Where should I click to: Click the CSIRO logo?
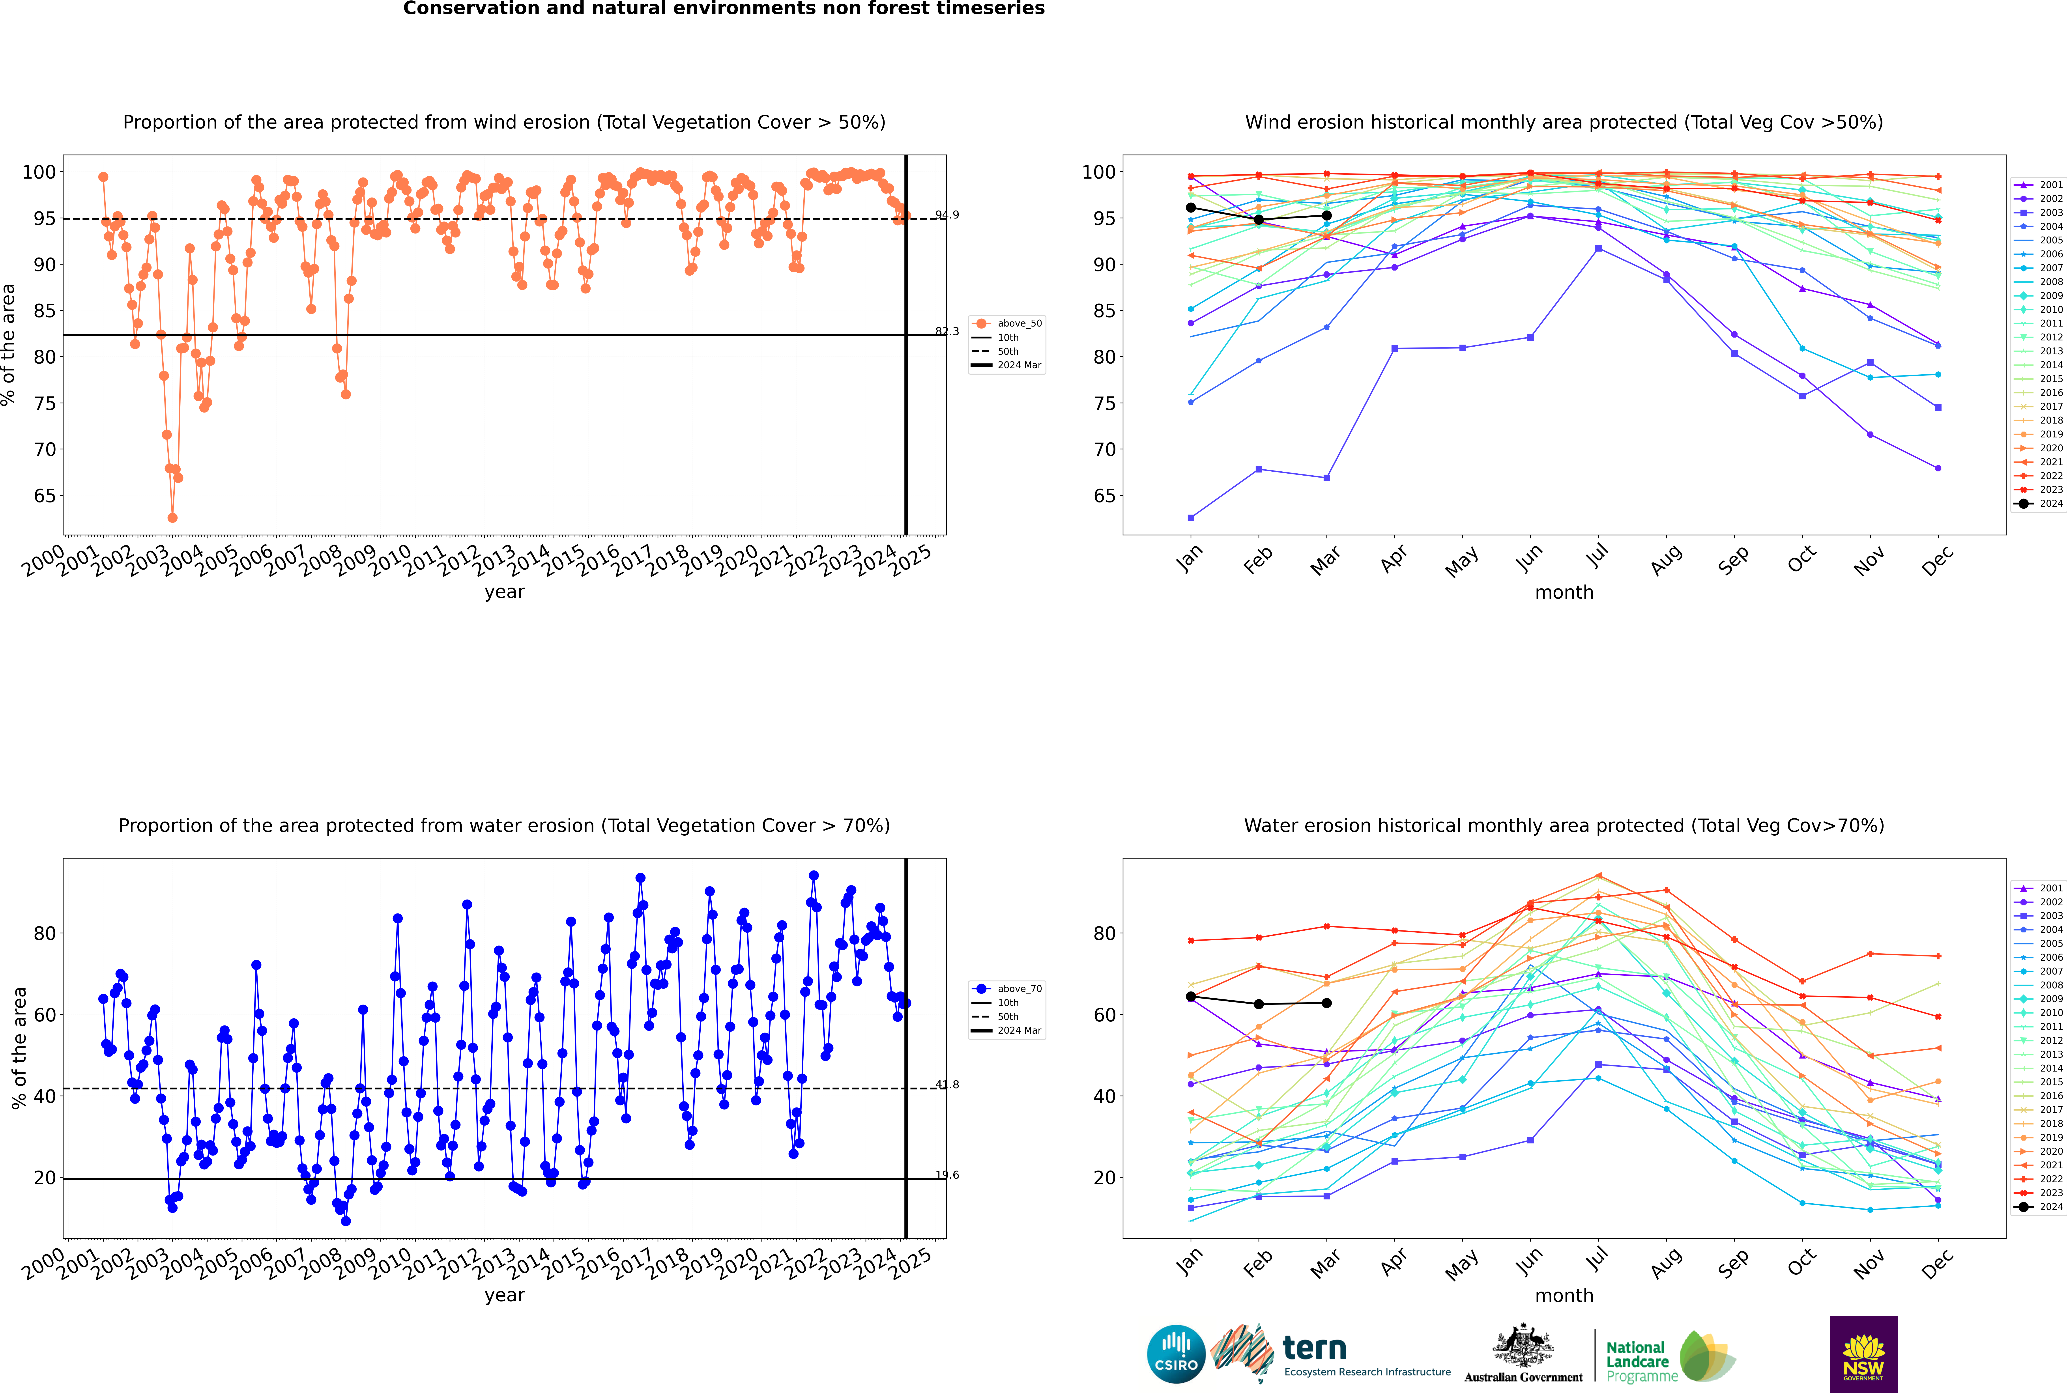pyautogui.click(x=1176, y=1354)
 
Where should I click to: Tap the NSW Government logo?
pyautogui.click(x=1863, y=1353)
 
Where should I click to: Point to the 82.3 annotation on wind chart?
pyautogui.click(x=947, y=331)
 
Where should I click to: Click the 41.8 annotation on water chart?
pyautogui.click(x=947, y=1085)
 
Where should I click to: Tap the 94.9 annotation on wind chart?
pyautogui.click(x=947, y=215)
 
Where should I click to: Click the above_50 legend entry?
pyautogui.click(x=1018, y=323)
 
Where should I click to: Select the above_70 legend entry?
pyautogui.click(x=1018, y=989)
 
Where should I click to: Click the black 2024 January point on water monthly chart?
pyautogui.click(x=1191, y=997)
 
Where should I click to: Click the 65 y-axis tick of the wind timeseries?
pyautogui.click(x=44, y=496)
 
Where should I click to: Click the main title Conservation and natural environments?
pyautogui.click(x=723, y=9)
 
